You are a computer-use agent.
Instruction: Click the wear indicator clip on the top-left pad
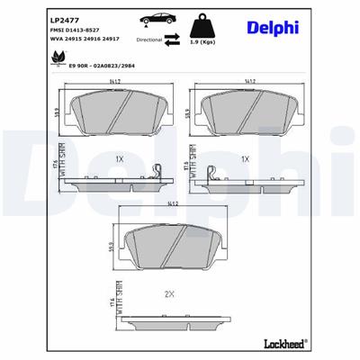tap(158, 170)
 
